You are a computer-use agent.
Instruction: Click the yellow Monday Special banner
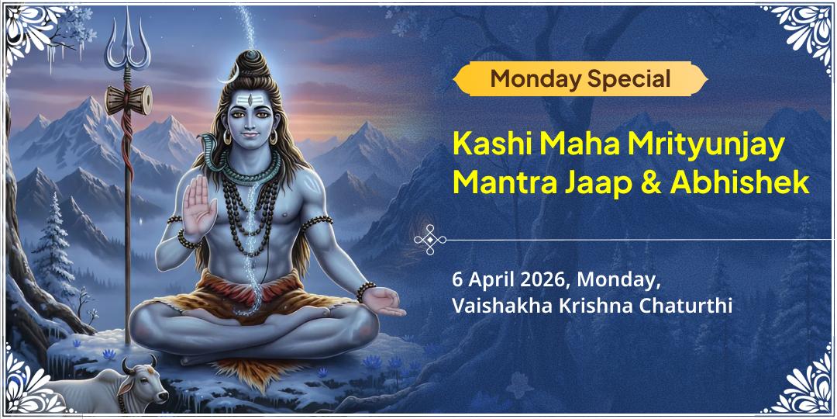tap(580, 78)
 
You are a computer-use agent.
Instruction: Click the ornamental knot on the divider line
tap(429, 241)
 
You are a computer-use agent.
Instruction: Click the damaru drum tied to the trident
tap(129, 99)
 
